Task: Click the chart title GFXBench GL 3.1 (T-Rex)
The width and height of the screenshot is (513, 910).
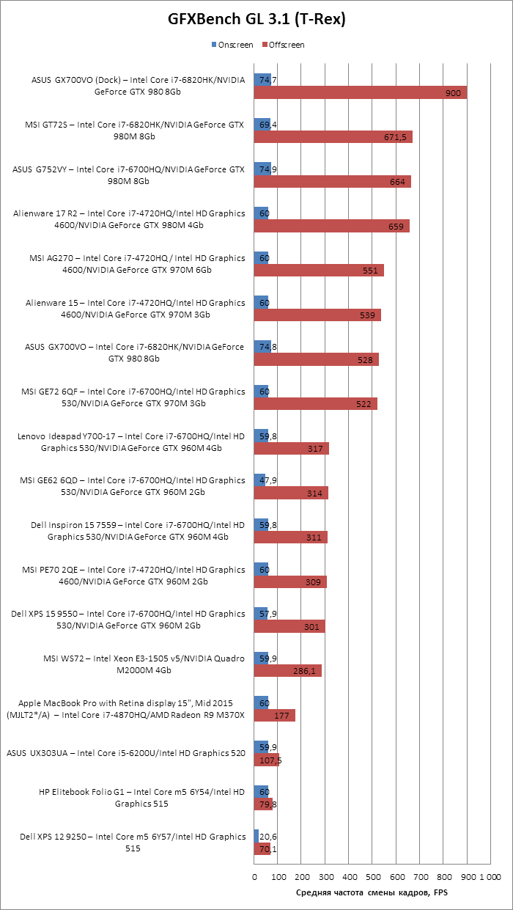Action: (256, 21)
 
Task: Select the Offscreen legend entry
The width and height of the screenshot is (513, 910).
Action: (284, 45)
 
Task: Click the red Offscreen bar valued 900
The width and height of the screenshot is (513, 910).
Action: (360, 93)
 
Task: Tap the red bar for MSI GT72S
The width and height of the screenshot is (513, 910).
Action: (333, 137)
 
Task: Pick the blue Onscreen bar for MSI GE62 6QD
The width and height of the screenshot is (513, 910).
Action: (259, 480)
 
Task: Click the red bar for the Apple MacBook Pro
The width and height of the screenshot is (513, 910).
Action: (275, 716)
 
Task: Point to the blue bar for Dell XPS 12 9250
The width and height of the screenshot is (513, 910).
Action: (256, 837)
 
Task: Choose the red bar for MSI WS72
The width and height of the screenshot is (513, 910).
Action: (287, 671)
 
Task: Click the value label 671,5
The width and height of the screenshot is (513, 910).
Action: (395, 137)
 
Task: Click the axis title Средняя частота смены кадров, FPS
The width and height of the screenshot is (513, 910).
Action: (372, 892)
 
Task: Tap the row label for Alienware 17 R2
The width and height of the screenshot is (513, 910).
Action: (129, 219)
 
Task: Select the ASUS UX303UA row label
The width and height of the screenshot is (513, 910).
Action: (126, 753)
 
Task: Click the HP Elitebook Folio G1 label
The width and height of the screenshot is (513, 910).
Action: (141, 798)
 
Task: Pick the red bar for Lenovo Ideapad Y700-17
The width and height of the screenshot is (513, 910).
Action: (291, 449)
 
